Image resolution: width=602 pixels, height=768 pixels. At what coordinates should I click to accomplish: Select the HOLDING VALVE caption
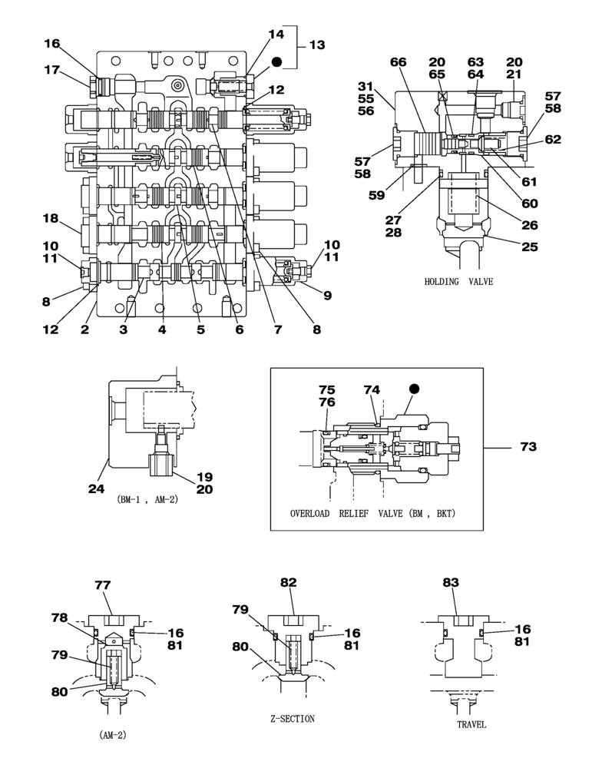(458, 282)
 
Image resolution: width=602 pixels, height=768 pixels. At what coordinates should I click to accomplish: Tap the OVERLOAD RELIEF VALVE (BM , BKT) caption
(372, 513)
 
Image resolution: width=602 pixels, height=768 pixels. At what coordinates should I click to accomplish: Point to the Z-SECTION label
(292, 719)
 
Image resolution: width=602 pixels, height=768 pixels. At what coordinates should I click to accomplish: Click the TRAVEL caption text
(471, 724)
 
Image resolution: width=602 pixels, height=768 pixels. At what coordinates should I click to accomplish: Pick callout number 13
(316, 45)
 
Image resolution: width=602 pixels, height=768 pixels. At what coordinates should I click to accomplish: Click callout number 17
(51, 71)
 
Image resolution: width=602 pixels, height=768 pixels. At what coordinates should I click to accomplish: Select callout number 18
(51, 219)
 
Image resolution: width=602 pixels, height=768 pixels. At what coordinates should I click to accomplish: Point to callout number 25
(529, 247)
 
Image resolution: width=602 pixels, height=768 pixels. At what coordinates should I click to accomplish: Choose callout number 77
(103, 585)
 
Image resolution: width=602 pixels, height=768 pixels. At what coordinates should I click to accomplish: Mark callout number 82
(288, 583)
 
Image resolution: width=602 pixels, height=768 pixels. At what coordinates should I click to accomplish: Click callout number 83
(450, 583)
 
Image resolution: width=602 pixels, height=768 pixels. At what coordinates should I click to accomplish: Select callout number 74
(372, 390)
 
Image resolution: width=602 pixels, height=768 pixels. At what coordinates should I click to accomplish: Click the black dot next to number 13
(276, 61)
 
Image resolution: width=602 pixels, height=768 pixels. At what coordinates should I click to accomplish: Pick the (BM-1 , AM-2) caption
(147, 500)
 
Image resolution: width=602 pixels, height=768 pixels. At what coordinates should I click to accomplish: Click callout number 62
(552, 140)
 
